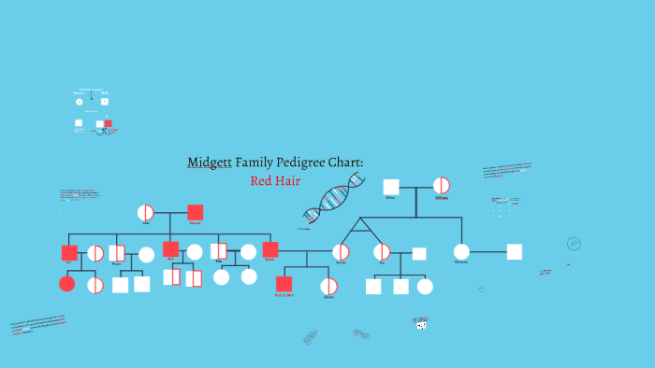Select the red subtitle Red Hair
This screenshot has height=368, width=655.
click(x=275, y=180)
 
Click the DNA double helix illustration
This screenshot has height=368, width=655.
click(x=334, y=200)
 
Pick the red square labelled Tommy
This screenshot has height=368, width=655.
click(x=195, y=213)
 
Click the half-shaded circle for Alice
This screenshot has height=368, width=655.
click(x=146, y=213)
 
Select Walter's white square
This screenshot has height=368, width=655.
click(x=391, y=187)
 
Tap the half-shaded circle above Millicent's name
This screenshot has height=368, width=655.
click(x=442, y=186)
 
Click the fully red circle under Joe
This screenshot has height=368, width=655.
click(x=67, y=283)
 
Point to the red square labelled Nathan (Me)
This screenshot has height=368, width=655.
click(x=284, y=284)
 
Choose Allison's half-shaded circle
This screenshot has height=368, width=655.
click(x=328, y=286)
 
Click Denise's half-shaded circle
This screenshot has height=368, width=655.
click(x=342, y=252)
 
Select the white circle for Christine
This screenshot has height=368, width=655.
click(x=461, y=251)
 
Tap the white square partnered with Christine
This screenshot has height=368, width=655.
click(x=514, y=251)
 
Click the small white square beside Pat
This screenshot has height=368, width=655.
click(x=419, y=253)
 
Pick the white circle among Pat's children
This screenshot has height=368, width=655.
click(x=425, y=286)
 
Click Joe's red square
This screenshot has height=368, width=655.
click(x=69, y=253)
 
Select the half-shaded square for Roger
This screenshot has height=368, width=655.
click(x=117, y=253)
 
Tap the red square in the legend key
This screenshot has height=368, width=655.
click(x=109, y=123)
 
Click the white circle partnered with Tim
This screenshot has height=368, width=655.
click(x=248, y=251)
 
